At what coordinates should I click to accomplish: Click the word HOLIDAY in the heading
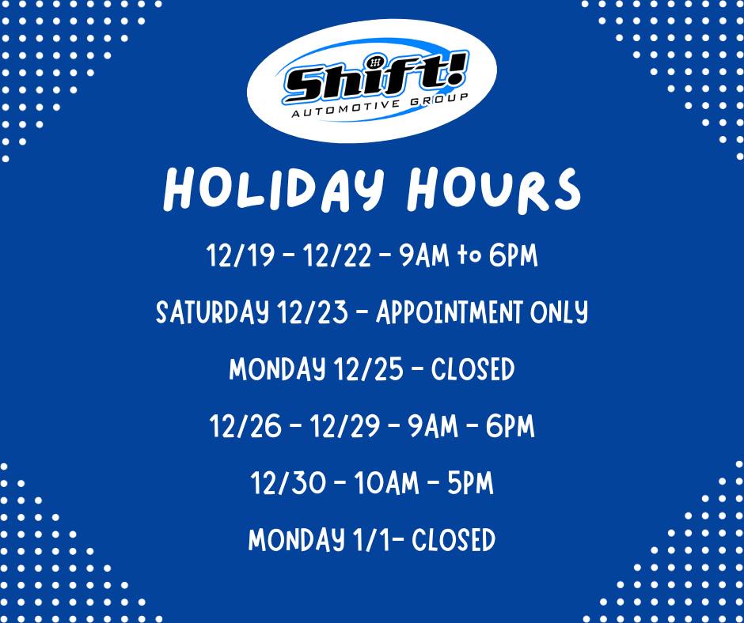click(x=273, y=188)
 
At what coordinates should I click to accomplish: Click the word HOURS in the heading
click(x=493, y=189)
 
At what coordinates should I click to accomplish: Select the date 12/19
click(x=241, y=255)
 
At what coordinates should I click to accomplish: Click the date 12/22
click(x=337, y=255)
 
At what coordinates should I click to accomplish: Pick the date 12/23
click(x=313, y=312)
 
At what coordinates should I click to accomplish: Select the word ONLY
click(x=559, y=313)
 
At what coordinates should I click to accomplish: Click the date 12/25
click(x=369, y=369)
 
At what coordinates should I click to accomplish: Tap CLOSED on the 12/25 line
click(x=473, y=369)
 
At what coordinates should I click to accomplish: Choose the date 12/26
click(x=245, y=426)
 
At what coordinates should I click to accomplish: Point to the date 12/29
click(x=345, y=426)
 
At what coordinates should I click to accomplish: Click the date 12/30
click(x=288, y=484)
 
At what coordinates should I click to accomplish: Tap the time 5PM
click(x=470, y=484)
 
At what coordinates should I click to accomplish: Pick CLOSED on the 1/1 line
click(x=454, y=540)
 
